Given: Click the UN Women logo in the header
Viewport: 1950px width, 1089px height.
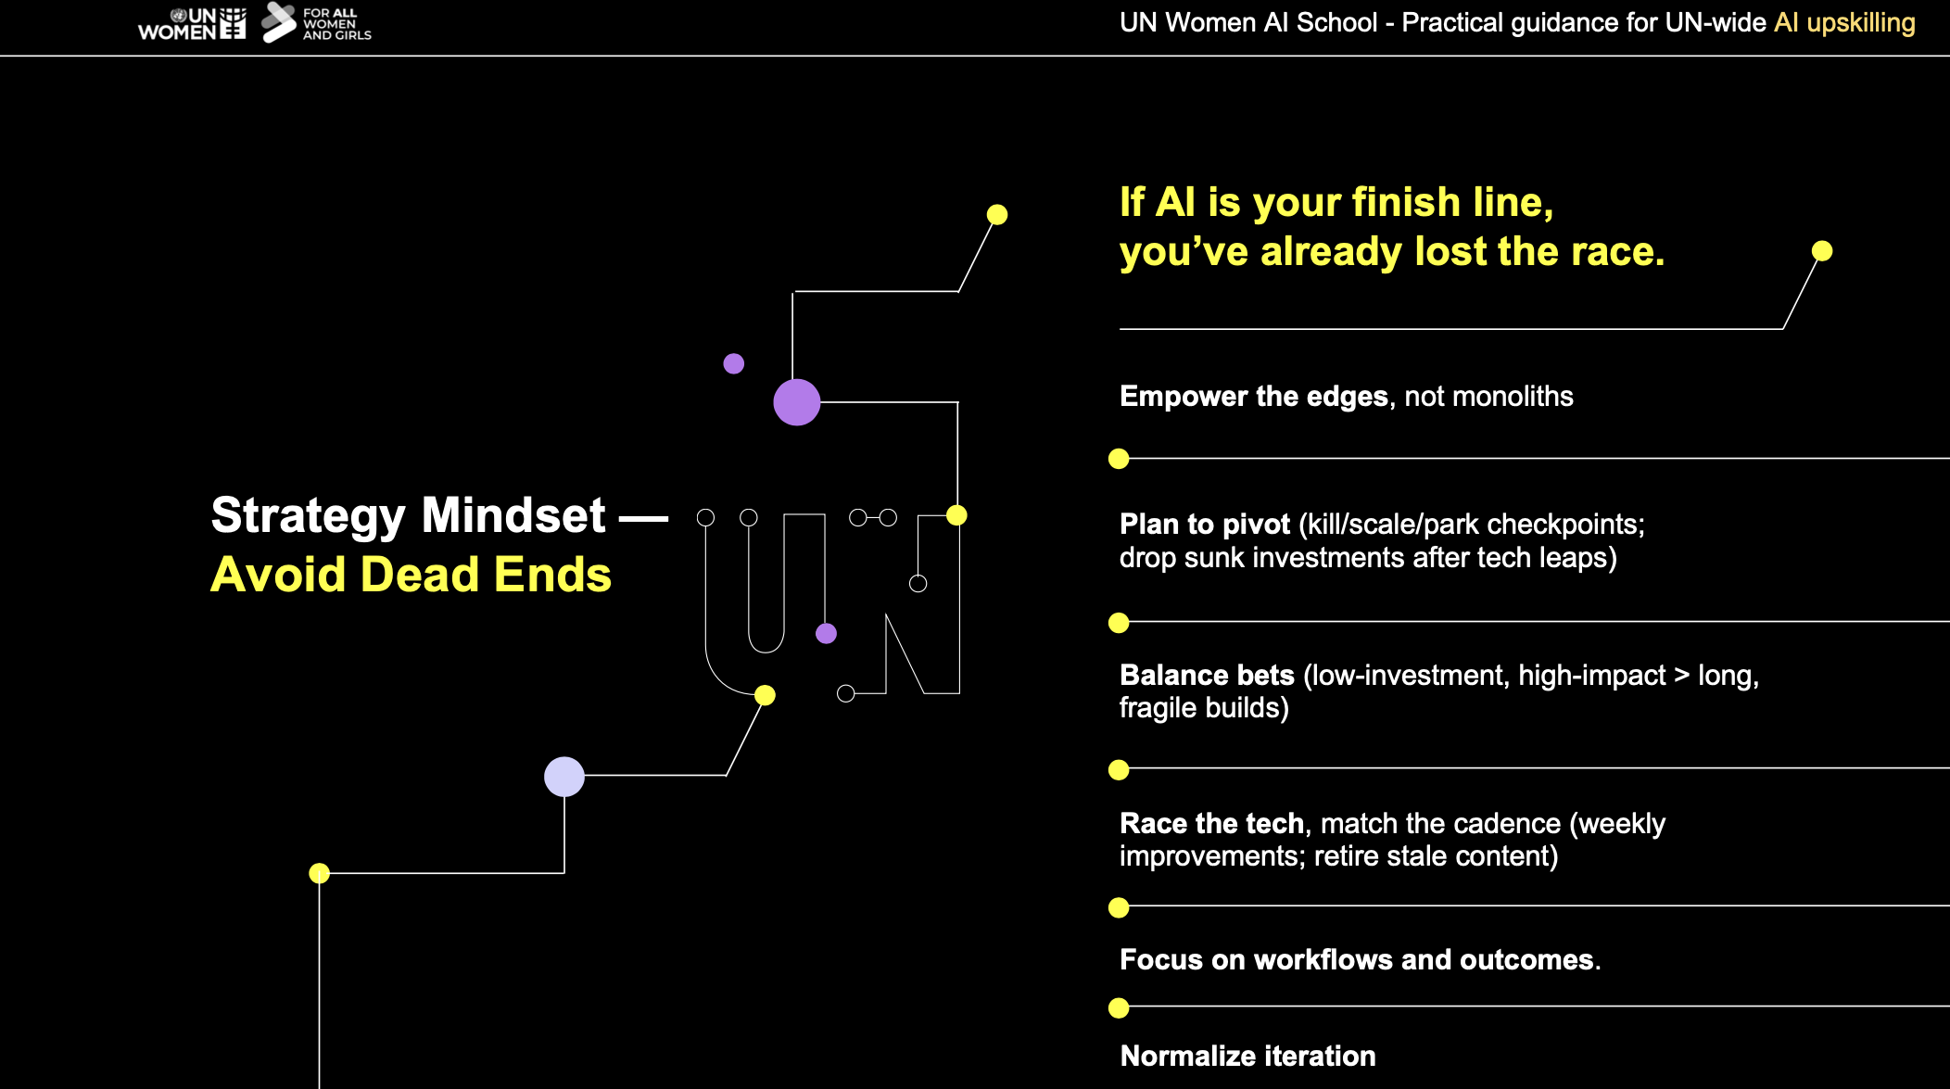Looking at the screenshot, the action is (x=192, y=23).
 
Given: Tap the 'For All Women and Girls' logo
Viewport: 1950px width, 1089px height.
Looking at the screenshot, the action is (x=316, y=23).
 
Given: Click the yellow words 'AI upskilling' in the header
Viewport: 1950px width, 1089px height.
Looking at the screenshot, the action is (x=1844, y=22).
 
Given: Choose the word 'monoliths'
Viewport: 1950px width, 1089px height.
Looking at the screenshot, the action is (x=1513, y=397).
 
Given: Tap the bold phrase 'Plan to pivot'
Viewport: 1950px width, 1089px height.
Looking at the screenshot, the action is (x=1205, y=525).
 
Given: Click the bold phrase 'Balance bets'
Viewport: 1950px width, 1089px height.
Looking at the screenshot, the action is (x=1207, y=676).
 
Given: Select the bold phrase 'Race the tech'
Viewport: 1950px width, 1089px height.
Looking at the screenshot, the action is (x=1212, y=824).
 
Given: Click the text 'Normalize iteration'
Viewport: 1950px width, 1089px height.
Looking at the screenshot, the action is (x=1247, y=1057).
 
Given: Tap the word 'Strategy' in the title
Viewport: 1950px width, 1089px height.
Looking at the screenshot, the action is (x=309, y=516).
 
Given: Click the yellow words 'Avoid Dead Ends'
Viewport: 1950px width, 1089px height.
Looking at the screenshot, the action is (x=412, y=575).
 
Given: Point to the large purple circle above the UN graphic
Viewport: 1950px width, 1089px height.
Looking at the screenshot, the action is (x=797, y=402).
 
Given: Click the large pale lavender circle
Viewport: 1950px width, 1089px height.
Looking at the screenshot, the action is (x=564, y=777).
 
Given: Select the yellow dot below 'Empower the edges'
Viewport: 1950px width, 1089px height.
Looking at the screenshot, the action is (x=1119, y=459).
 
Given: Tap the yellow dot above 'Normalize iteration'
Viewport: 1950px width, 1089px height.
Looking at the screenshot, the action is (x=1119, y=1007).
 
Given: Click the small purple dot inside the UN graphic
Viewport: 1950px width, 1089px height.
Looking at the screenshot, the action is (x=826, y=633).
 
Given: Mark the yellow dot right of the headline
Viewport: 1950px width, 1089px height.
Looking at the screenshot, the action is (x=1822, y=251).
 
